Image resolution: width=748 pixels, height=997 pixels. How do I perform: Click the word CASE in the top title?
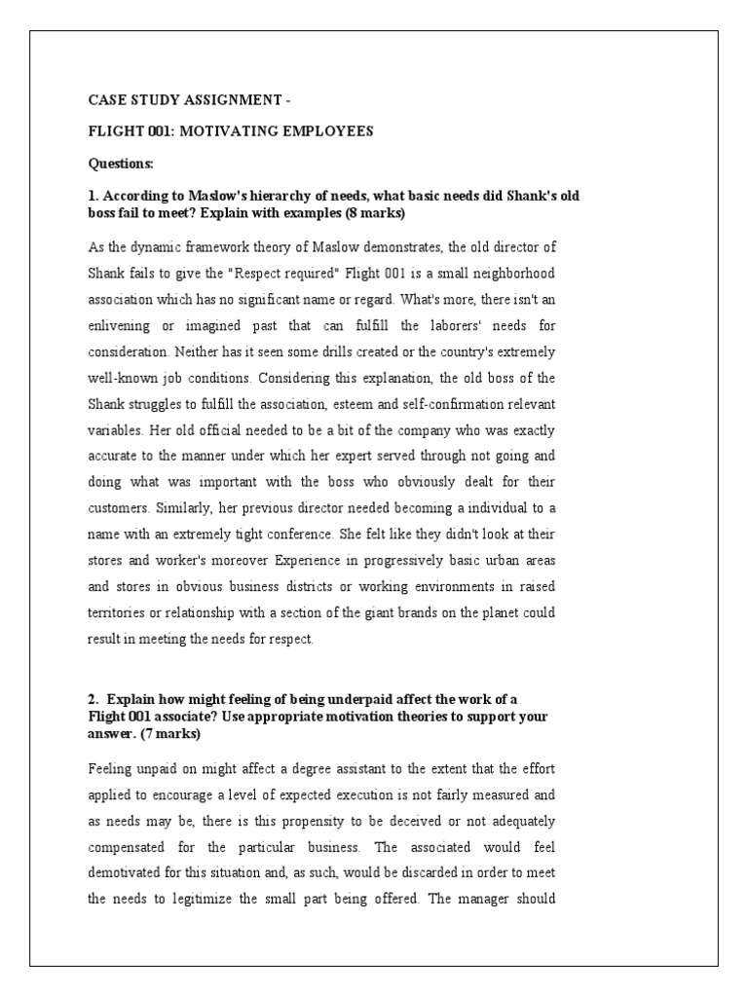coord(105,98)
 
